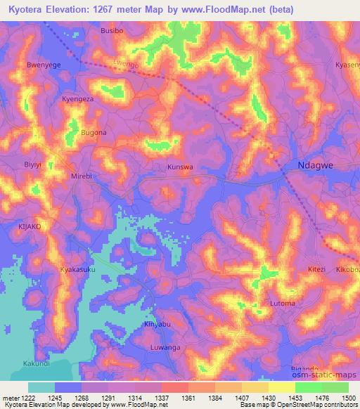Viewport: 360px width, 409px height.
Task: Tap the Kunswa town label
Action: tap(180, 168)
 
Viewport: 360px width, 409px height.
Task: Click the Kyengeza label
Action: tap(77, 99)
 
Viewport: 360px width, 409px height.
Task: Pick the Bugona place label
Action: tap(94, 132)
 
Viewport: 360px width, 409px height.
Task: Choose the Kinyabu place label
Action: tap(157, 323)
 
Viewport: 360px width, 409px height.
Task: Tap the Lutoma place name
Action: tap(283, 304)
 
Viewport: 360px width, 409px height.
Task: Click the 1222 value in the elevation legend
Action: tap(27, 398)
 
